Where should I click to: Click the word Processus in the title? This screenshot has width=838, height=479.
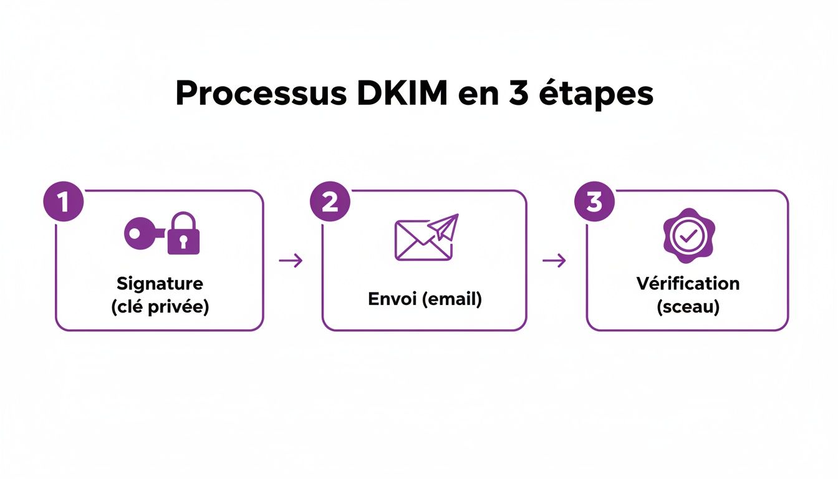(x=261, y=94)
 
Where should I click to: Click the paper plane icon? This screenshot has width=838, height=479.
(x=446, y=226)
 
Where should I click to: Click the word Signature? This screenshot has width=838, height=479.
(x=160, y=283)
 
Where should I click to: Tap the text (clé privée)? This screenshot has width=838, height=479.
(x=160, y=307)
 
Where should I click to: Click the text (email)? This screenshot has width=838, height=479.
(x=452, y=299)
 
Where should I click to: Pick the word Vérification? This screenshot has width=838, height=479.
(x=688, y=283)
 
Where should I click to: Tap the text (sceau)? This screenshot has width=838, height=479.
(x=688, y=307)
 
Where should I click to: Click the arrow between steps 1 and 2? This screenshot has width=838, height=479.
(x=291, y=261)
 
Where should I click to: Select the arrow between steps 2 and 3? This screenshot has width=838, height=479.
(x=554, y=261)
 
